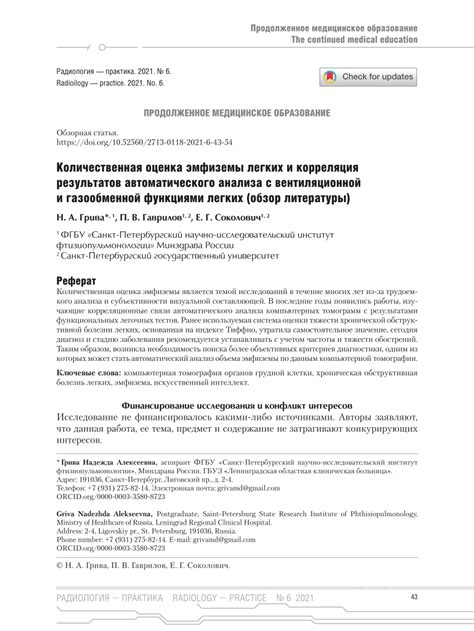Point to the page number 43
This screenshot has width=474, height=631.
point(414,598)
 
